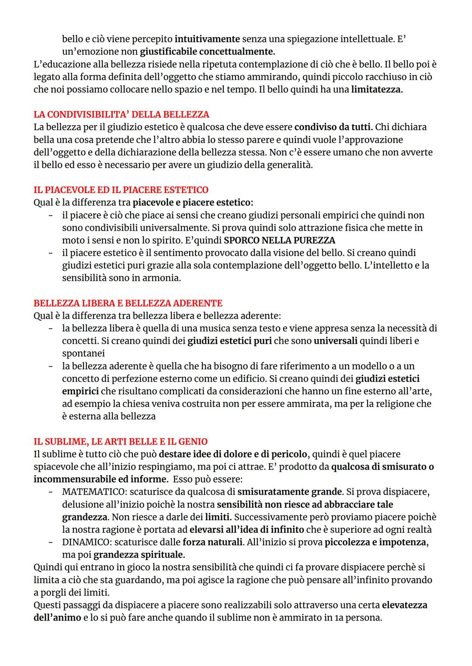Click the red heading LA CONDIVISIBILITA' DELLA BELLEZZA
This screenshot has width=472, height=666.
(121, 114)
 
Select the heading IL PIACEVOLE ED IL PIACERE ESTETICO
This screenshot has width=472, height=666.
(121, 190)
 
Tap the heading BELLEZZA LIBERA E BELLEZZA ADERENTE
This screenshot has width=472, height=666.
(128, 303)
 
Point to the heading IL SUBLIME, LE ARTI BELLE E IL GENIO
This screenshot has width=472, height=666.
(120, 442)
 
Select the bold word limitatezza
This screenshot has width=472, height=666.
(377, 90)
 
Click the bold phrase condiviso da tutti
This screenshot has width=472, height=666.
(333, 127)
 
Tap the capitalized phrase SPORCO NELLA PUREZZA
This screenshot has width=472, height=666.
(279, 240)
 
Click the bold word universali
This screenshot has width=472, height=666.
(335, 341)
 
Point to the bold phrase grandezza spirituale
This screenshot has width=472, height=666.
(139, 555)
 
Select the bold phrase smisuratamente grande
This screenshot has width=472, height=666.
(289, 492)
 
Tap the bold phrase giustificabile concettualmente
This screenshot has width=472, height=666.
(207, 52)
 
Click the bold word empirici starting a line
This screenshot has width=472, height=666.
(80, 391)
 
